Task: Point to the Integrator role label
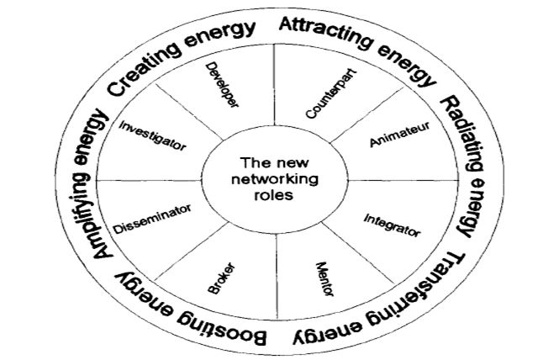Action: click(391, 223)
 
